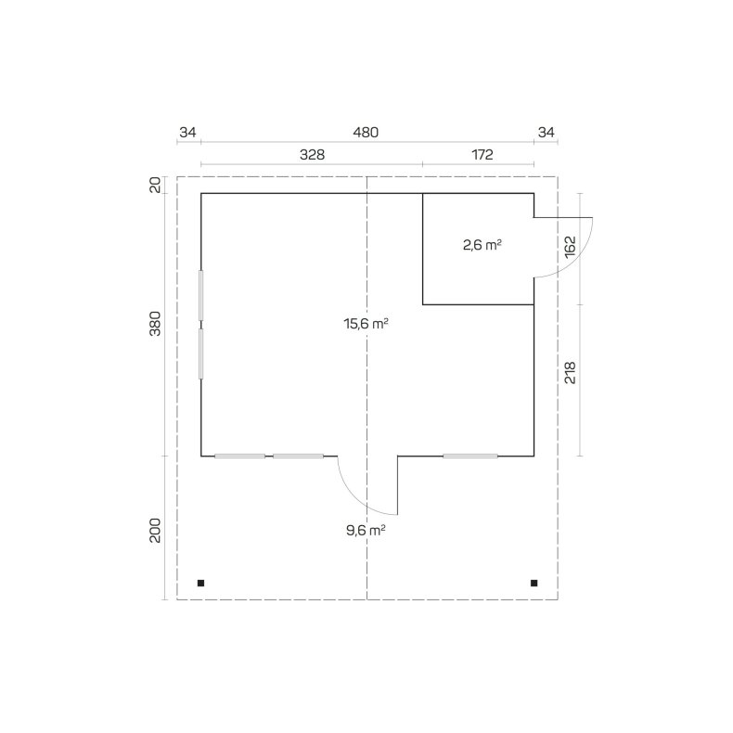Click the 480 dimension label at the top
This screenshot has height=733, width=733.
[366, 133]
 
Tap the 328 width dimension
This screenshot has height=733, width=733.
[312, 154]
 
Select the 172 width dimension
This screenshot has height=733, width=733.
[482, 154]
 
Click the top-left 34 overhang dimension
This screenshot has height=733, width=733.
[187, 133]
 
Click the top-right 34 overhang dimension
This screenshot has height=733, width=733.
[546, 133]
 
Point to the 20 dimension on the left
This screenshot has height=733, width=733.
[155, 186]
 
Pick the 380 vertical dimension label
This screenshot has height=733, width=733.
[155, 324]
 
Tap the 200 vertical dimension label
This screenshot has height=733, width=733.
[155, 530]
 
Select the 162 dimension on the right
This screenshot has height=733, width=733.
[571, 247]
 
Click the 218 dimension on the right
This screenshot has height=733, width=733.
[571, 373]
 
